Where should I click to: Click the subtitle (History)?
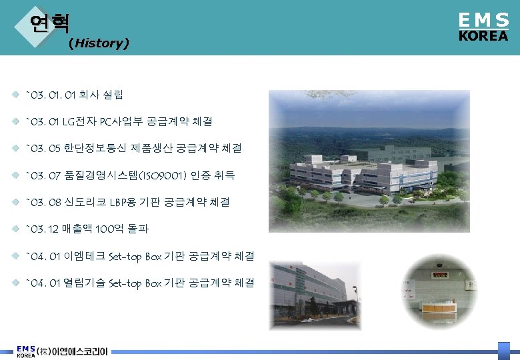(x=99, y=44)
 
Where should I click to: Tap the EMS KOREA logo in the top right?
(x=483, y=28)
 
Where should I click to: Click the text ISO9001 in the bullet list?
(x=158, y=175)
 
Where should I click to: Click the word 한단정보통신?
(x=97, y=149)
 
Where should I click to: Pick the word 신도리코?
(x=85, y=202)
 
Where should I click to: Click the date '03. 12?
(x=42, y=229)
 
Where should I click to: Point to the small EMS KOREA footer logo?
(x=26, y=351)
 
